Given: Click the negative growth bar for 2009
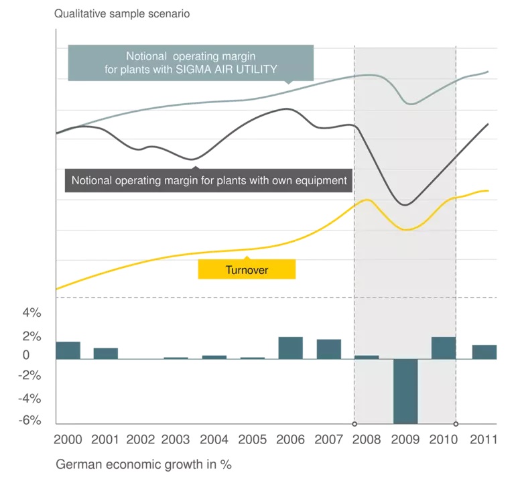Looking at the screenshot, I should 405,391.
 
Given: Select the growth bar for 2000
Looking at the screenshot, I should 68,350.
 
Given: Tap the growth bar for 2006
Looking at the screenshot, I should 290,348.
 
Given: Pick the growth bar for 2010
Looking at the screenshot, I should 444,348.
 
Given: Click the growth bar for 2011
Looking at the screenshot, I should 485,352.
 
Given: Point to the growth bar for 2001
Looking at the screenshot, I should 106,354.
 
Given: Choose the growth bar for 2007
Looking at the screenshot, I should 329,349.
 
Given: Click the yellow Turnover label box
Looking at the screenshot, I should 247,270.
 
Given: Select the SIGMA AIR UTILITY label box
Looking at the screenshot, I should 191,62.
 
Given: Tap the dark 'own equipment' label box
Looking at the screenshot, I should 208,180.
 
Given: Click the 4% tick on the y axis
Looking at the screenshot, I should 32,313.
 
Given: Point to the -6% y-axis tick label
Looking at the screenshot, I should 30,421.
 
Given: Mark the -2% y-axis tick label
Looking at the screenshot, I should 30,376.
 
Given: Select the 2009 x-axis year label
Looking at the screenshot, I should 405,440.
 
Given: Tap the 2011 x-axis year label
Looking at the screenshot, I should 482,440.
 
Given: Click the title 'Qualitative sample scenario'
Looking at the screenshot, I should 122,13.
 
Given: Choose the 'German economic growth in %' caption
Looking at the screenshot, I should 143,464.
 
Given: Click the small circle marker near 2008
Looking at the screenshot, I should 354,424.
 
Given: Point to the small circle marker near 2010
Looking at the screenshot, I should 456,424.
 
